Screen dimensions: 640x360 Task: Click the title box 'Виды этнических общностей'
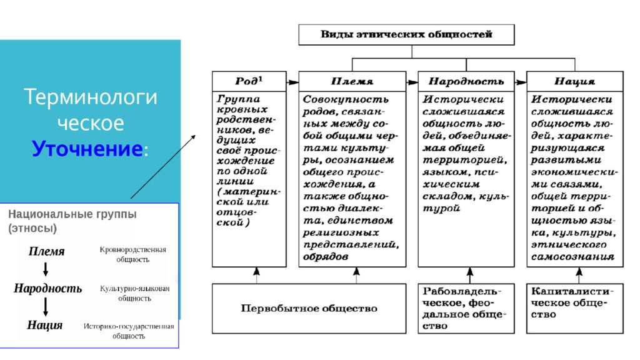406,35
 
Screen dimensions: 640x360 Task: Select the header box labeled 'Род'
249,81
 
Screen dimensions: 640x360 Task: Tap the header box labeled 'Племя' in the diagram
352,81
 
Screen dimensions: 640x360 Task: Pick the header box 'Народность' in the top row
466,81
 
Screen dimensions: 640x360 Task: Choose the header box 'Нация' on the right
575,81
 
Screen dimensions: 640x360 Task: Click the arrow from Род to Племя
292,82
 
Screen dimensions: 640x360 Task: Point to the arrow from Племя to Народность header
412,82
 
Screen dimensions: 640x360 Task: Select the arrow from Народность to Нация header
521,82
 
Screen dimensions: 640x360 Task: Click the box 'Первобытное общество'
309,309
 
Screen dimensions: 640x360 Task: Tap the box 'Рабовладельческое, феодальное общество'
466,309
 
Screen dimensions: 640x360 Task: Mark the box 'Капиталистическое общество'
575,309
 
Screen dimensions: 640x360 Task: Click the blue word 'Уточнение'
87,149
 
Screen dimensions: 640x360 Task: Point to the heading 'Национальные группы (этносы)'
72,221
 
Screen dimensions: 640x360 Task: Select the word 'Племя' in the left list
46,251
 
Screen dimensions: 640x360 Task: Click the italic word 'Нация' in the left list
45,325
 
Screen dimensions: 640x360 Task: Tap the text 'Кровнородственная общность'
132,254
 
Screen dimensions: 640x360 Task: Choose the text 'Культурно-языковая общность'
135,293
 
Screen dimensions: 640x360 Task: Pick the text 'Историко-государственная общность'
129,331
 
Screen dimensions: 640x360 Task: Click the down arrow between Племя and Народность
46,269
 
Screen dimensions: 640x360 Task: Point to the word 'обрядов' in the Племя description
325,257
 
